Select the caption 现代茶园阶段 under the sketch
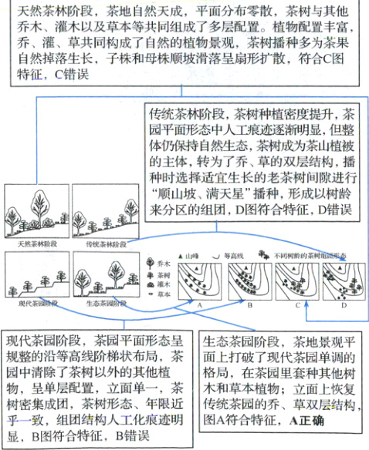33,304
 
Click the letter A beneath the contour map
199,305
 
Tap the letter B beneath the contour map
252,305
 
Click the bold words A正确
306,421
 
